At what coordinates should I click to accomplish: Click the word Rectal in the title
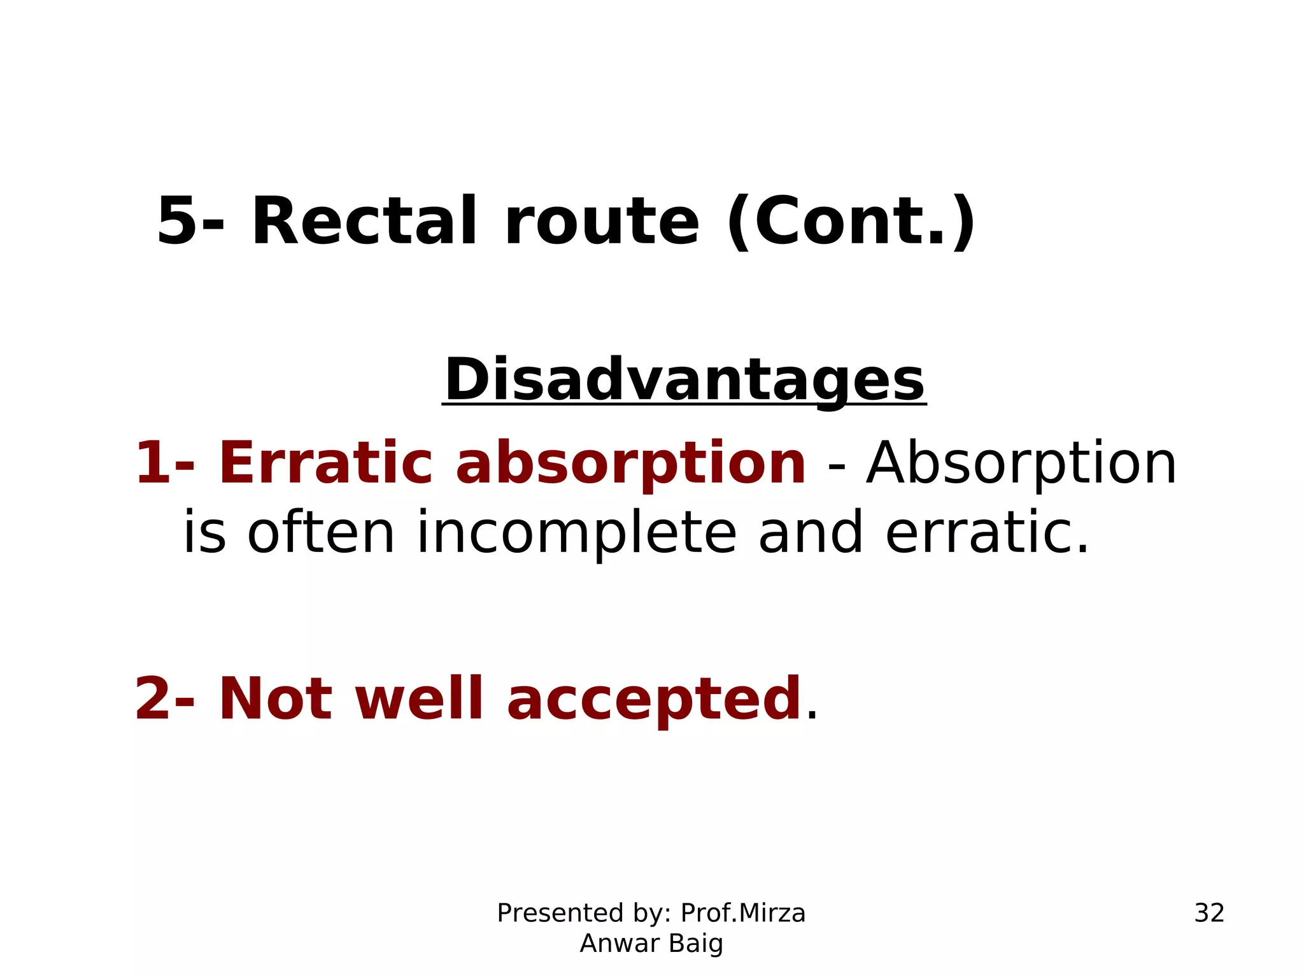click(364, 221)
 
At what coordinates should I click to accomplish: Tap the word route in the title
click(602, 222)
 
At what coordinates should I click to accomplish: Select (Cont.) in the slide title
click(851, 221)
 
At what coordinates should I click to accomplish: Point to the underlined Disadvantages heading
click(684, 380)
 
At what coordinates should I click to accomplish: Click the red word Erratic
click(325, 463)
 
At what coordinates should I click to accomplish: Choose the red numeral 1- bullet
click(164, 463)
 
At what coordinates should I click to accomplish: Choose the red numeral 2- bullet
click(164, 699)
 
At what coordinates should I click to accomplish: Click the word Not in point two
click(275, 699)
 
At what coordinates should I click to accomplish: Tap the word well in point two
click(419, 699)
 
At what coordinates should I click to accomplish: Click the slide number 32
click(1209, 913)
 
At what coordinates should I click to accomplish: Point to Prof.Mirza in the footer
click(743, 913)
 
